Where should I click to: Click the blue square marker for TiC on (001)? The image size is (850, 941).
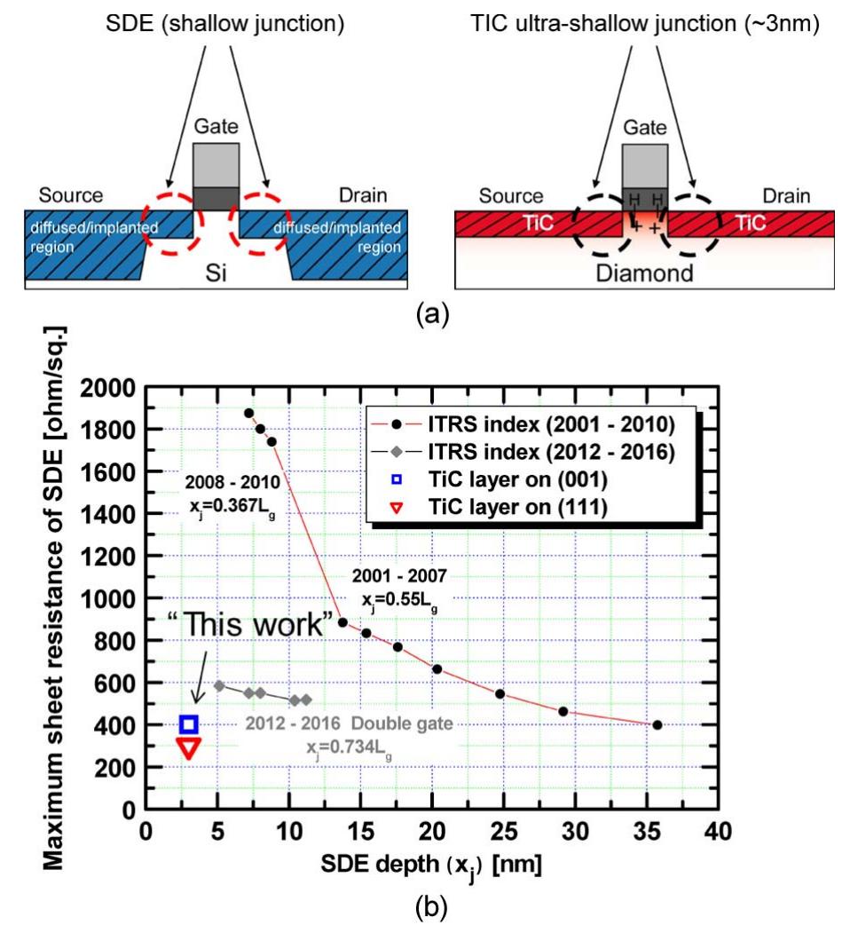[x=188, y=724]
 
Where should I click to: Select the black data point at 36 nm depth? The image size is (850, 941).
[x=657, y=724]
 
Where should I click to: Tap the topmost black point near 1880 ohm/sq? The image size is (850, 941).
[x=248, y=413]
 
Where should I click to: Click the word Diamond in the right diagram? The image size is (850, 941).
[x=645, y=273]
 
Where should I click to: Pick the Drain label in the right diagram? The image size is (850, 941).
[x=784, y=195]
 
